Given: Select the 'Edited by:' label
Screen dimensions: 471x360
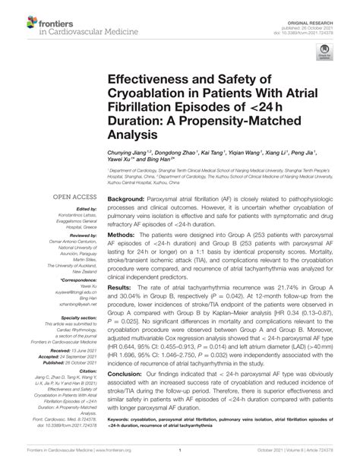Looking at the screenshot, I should tap(69, 210).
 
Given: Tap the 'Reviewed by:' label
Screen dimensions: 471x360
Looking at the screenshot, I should tap(67, 235).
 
